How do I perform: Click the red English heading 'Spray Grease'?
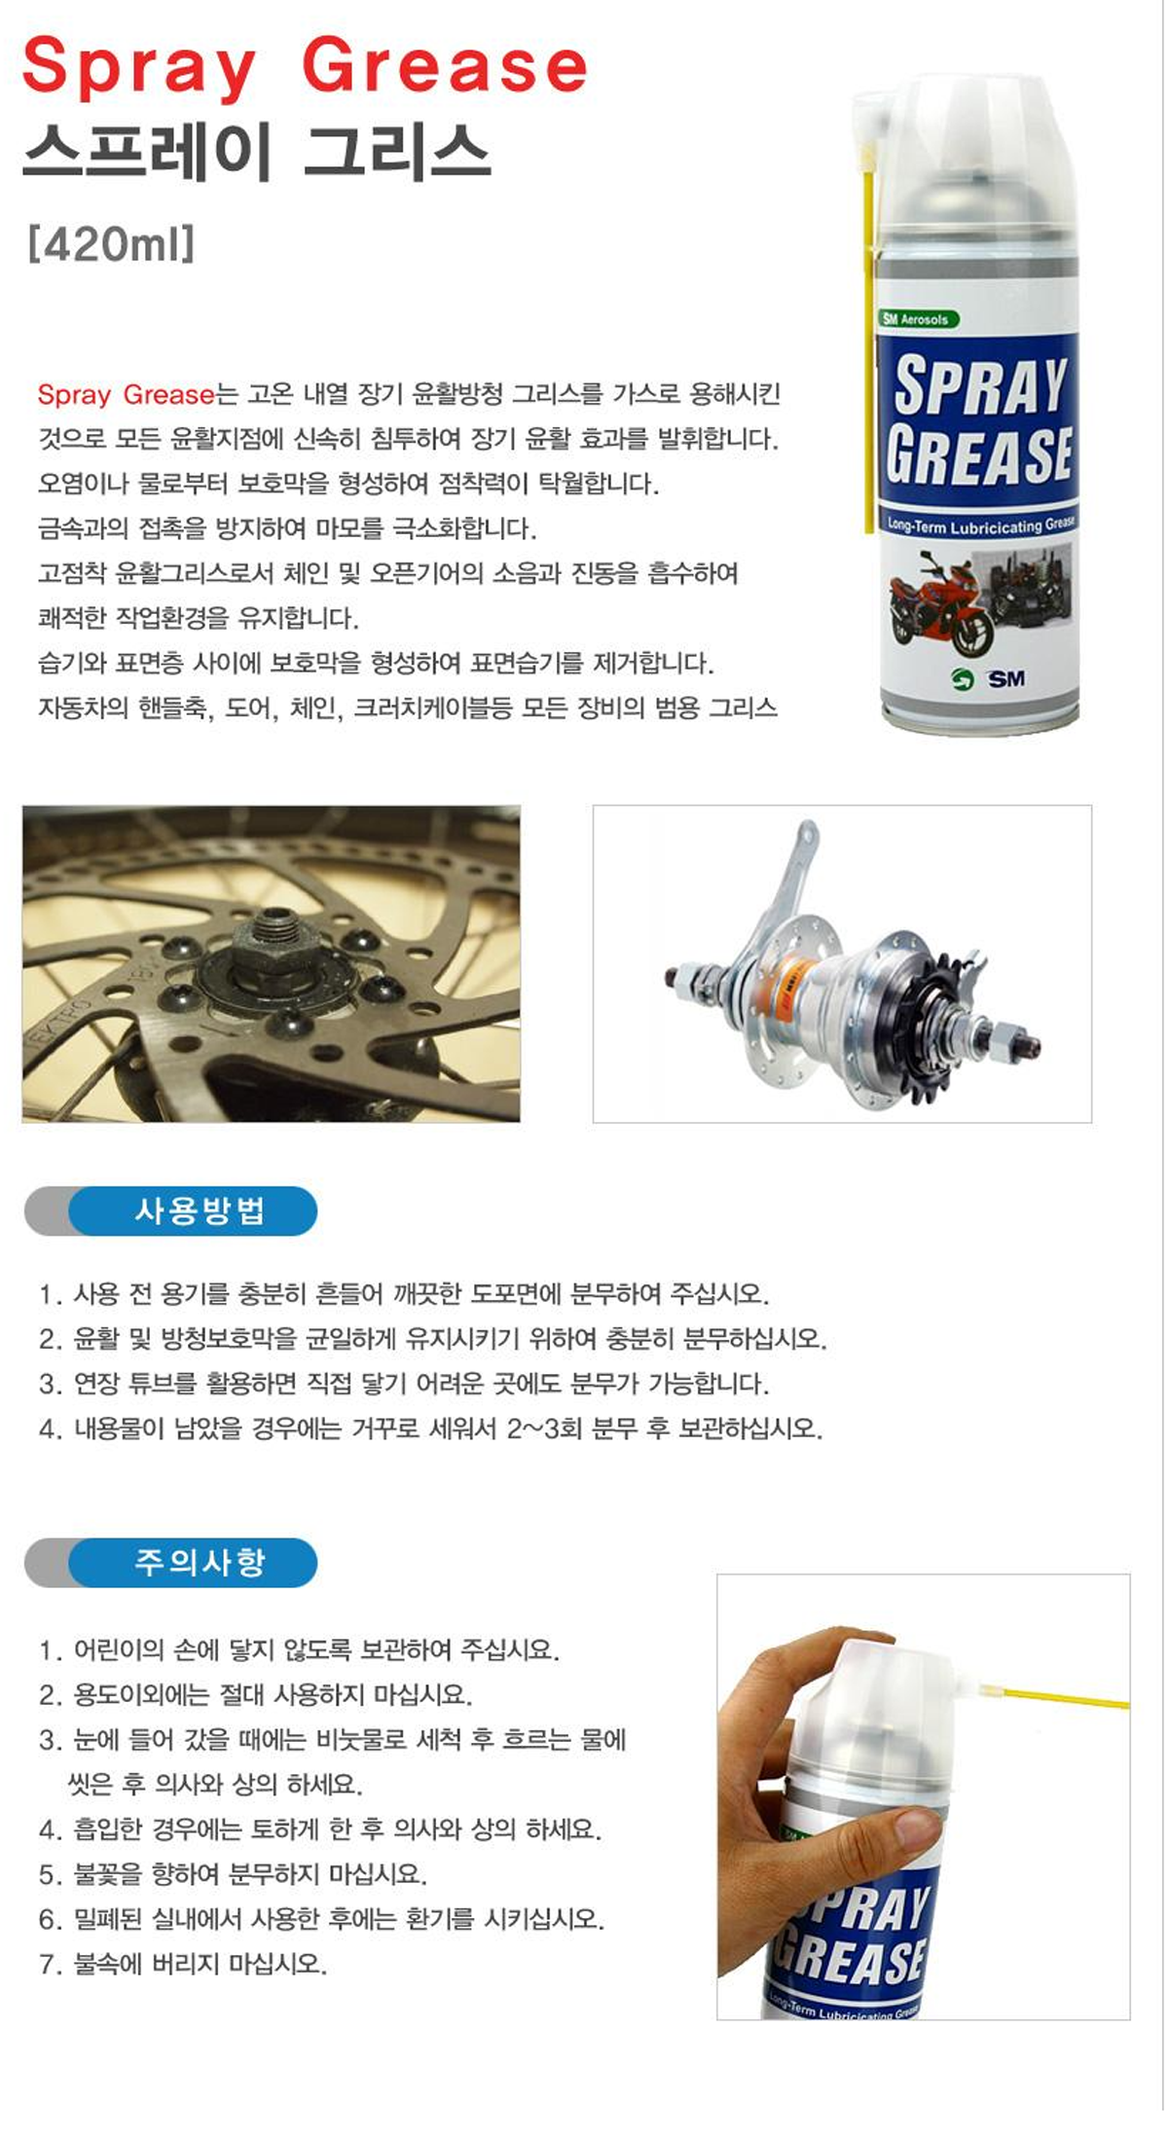point(305,67)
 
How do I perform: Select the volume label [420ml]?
point(112,243)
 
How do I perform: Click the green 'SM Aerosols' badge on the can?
point(918,318)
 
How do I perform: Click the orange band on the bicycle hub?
point(796,974)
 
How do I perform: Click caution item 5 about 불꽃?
point(233,1873)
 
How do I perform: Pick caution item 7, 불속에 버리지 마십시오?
point(183,1963)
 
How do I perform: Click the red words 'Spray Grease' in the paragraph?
point(126,394)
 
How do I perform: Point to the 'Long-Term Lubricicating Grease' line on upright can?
point(980,525)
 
